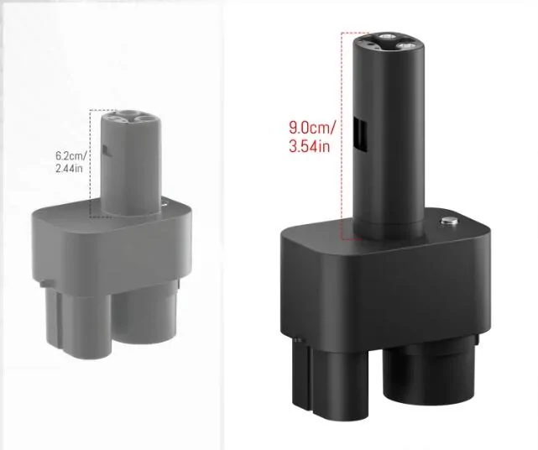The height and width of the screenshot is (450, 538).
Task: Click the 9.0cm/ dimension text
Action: pyautogui.click(x=312, y=128)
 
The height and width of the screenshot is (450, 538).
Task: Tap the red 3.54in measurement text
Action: pyautogui.click(x=310, y=146)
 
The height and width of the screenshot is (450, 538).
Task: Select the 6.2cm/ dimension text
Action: pyautogui.click(x=71, y=156)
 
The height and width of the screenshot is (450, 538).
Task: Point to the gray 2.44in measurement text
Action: pyautogui.click(x=69, y=169)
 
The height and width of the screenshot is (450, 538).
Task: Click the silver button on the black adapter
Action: pyautogui.click(x=450, y=222)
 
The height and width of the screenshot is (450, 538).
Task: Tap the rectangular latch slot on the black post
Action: pyautogui.click(x=360, y=134)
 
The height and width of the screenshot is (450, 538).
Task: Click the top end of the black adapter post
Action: pyautogui.click(x=389, y=42)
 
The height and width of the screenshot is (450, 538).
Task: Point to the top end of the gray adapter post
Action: pyautogui.click(x=131, y=117)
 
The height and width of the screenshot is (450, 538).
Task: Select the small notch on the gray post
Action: pyautogui.click(x=107, y=150)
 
